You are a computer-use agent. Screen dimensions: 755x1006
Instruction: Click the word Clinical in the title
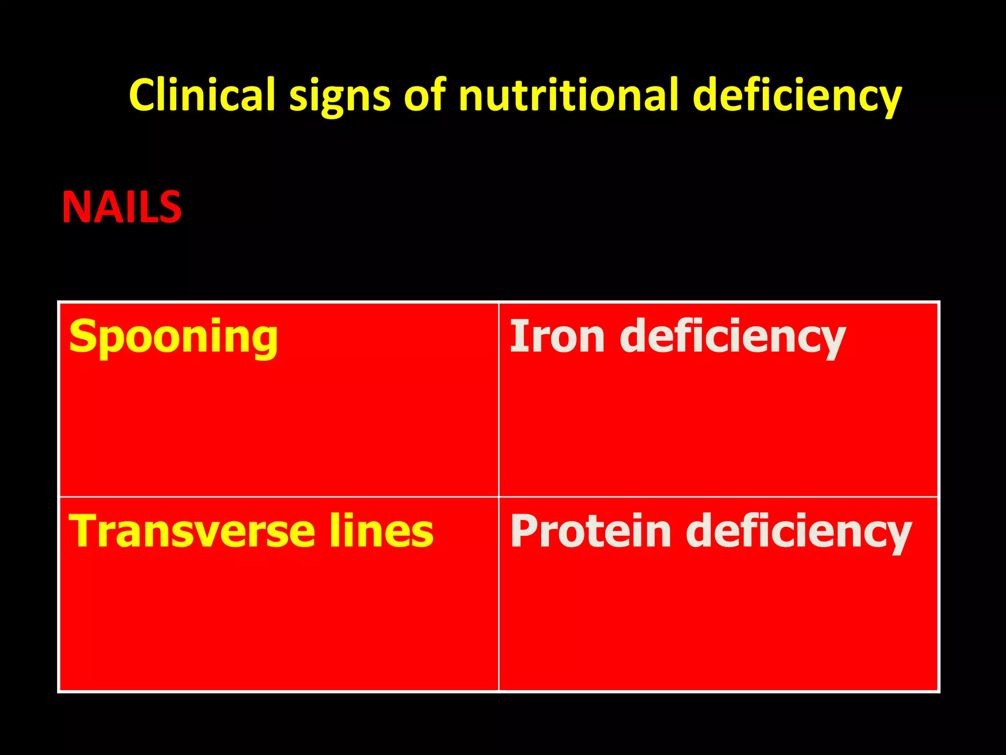(202, 95)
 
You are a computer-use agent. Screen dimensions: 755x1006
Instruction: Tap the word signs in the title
(340, 96)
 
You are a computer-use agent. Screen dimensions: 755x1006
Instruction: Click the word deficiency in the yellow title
(797, 96)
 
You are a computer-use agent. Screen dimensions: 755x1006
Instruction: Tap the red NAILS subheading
(121, 208)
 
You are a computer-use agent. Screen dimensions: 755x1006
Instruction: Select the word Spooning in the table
(173, 338)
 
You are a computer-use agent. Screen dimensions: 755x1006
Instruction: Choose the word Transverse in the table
(192, 531)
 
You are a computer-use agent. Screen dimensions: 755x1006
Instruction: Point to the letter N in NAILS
(75, 208)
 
